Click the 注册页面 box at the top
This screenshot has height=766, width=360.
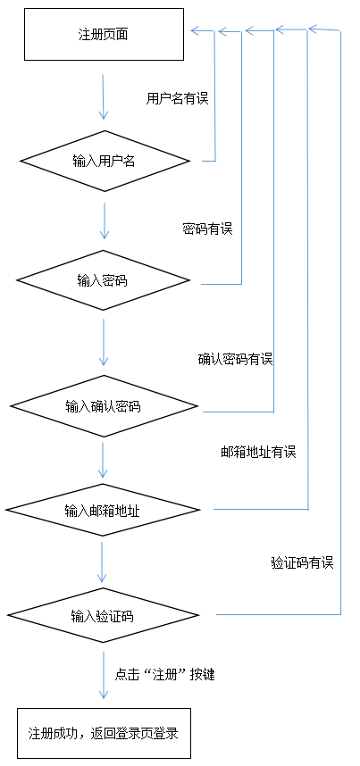(x=104, y=35)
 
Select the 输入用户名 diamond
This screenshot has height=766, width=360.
(x=105, y=162)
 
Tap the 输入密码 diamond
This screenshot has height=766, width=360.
(x=103, y=280)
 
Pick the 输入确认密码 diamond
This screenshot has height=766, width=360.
(x=103, y=406)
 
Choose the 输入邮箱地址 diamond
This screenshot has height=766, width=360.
(x=103, y=511)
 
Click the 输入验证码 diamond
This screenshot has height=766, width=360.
(x=103, y=616)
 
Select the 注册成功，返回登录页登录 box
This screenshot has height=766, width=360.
(x=104, y=733)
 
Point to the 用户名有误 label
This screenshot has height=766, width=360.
(x=177, y=98)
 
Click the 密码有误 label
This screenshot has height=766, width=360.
(x=207, y=229)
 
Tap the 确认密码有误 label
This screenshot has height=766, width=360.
(x=235, y=359)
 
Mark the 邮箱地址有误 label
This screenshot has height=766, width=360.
(x=258, y=452)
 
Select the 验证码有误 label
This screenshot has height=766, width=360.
(x=302, y=562)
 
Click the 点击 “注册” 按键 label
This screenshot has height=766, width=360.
(x=165, y=675)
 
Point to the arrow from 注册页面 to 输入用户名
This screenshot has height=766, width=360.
(x=104, y=96)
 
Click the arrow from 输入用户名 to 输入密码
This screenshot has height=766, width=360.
(x=105, y=220)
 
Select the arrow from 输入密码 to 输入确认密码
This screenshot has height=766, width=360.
(x=104, y=342)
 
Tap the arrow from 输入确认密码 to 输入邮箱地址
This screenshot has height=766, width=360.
(x=104, y=459)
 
